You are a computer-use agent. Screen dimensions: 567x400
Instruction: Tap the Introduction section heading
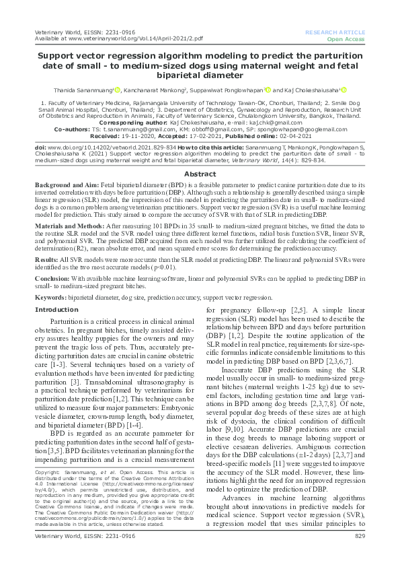pos(57,310)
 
